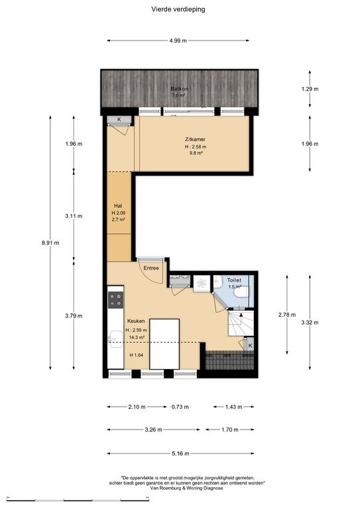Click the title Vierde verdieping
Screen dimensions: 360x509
[x=178, y=9]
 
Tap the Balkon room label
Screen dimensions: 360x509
[x=180, y=89]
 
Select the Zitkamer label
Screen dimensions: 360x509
[x=195, y=139]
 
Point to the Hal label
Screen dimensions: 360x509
[x=118, y=206]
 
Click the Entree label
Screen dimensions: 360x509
[x=151, y=268]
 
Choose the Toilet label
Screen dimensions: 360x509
[x=234, y=280]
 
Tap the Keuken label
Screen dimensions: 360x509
[x=136, y=321]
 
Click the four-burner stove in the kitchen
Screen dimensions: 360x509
[x=115, y=300]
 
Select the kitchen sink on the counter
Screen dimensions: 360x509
[x=115, y=339]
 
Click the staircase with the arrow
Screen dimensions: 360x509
[x=241, y=323]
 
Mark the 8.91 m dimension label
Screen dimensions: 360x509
[x=50, y=243]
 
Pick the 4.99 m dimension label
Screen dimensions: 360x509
[x=178, y=40]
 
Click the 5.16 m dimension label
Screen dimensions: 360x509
[x=180, y=453]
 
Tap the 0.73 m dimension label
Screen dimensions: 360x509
[x=180, y=407]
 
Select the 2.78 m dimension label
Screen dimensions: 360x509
[x=287, y=315]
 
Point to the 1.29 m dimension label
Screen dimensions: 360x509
[x=310, y=89]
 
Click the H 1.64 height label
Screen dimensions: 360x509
[x=137, y=355]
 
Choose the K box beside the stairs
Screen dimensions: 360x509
[x=250, y=345]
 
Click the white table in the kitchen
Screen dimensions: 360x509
[x=164, y=344]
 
